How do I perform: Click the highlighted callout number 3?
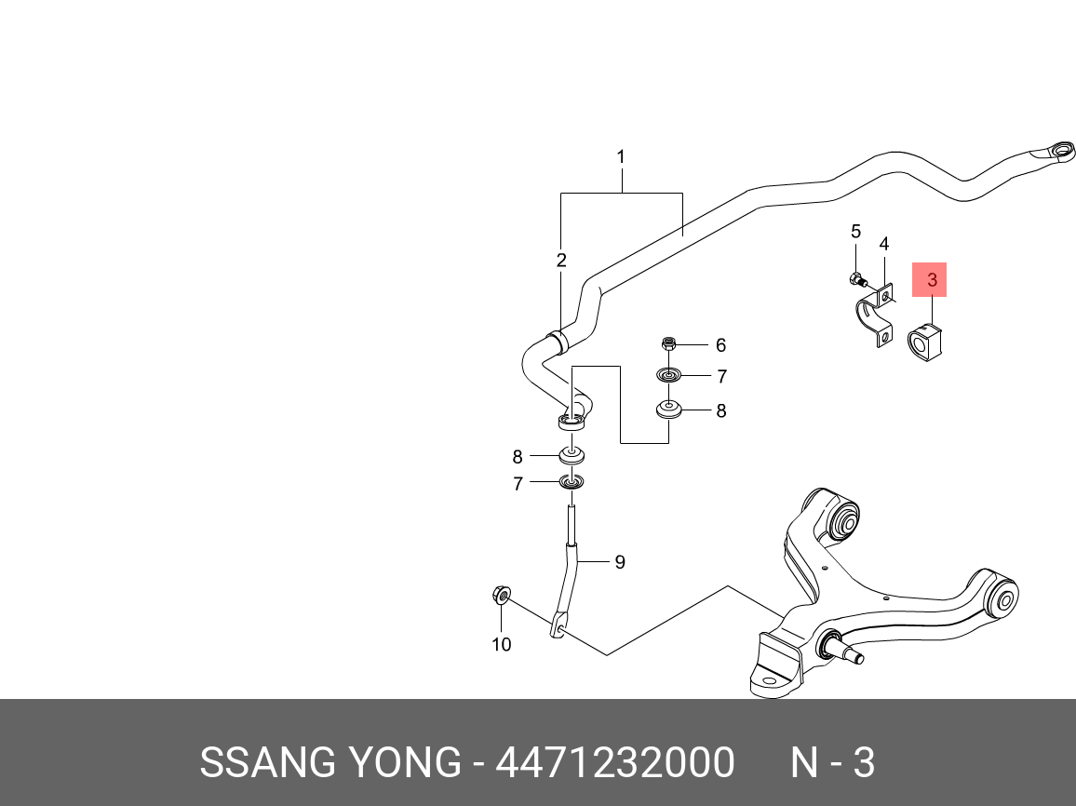931,279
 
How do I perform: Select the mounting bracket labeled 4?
875,321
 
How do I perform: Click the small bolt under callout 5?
856,278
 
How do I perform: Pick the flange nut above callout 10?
500,593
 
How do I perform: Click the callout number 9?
619,562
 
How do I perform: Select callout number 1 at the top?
621,157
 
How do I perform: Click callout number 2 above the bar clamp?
561,261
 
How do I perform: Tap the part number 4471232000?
615,763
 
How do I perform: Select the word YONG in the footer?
394,763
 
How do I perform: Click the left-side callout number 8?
518,457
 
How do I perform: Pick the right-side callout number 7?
721,377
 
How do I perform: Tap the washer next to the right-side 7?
668,375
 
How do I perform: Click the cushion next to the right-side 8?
668,410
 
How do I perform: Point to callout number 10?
502,644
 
